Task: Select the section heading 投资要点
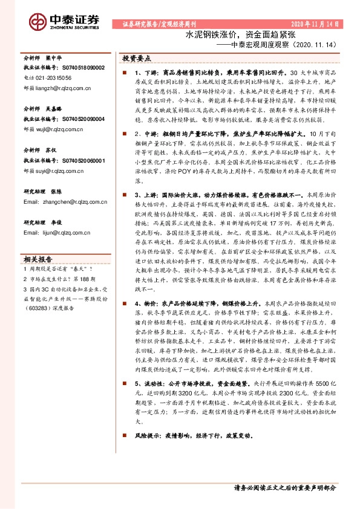click(137, 59)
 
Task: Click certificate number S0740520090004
click(81, 119)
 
